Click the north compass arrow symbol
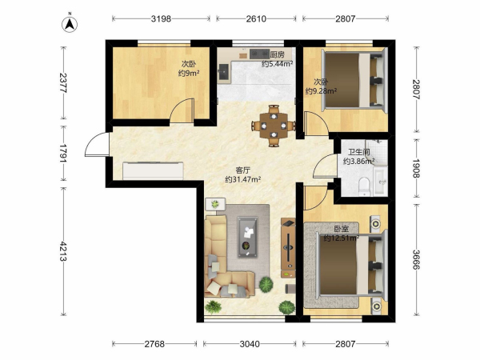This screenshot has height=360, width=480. point(70,24)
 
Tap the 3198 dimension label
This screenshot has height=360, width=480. point(161,19)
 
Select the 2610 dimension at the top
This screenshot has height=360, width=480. point(256,19)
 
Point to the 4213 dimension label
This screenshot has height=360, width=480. point(63,251)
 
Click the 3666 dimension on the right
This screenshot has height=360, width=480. point(416,259)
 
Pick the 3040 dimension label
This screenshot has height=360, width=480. point(250,344)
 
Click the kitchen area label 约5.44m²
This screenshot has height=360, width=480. point(277,64)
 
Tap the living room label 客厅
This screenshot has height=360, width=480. point(242,170)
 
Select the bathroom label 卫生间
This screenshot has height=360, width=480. point(359,152)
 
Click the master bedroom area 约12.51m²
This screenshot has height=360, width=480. point(342,238)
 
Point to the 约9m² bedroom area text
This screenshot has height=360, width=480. point(189,73)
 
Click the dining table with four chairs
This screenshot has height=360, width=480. point(274,126)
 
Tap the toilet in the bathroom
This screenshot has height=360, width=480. point(364,186)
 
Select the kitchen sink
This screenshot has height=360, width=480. point(224,72)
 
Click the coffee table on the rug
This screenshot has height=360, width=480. point(248,238)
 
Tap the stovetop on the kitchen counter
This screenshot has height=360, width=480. point(259,54)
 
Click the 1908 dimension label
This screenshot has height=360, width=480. point(416,168)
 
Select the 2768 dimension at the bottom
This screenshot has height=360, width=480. point(154,344)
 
